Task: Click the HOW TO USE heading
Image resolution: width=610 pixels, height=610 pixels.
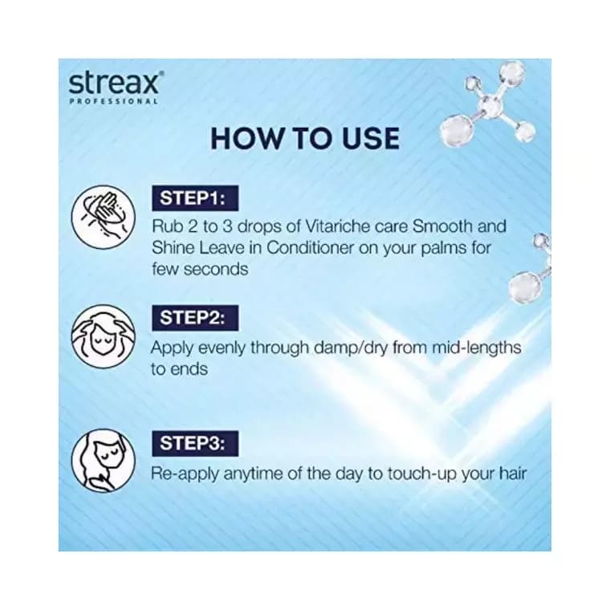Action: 304,138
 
